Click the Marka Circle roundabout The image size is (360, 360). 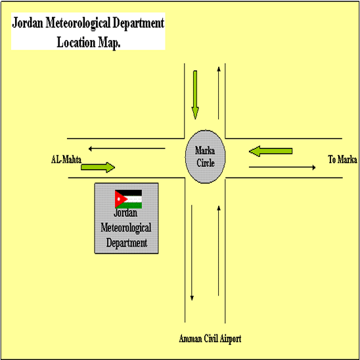[x=205, y=156]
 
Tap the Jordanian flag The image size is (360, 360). [x=128, y=199]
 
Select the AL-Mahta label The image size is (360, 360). [x=66, y=160]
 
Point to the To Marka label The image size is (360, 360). [x=342, y=160]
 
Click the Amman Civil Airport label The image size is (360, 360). [x=210, y=339]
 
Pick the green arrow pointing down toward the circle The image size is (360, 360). [x=195, y=95]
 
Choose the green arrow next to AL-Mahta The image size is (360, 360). [x=98, y=168]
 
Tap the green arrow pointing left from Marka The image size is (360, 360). [x=271, y=151]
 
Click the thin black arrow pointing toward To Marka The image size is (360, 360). [x=282, y=168]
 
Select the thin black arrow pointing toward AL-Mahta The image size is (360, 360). [x=127, y=148]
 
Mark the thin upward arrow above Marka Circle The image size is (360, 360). [x=219, y=93]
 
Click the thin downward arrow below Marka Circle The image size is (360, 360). [x=192, y=253]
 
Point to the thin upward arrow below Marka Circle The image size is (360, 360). [x=219, y=250]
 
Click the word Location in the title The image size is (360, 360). [x=76, y=43]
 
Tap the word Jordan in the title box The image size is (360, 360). [x=28, y=23]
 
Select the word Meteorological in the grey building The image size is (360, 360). [x=126, y=228]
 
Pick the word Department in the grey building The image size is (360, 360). [x=127, y=243]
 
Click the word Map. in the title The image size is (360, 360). [x=109, y=43]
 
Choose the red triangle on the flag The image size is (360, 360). [x=121, y=199]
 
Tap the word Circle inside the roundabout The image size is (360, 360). [x=206, y=163]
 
